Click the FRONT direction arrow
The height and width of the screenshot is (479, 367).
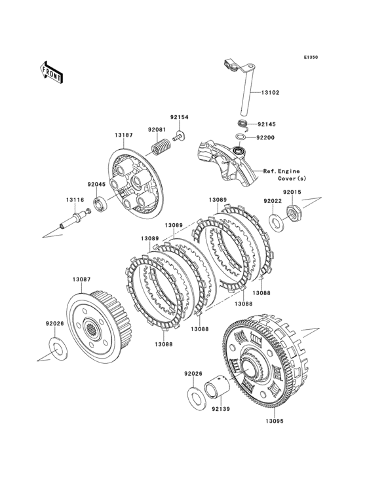pos(52,73)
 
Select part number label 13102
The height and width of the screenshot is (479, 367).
pos(270,92)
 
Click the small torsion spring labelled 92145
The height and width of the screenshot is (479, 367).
pos(244,124)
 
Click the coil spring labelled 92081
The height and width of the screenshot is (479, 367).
pos(161,147)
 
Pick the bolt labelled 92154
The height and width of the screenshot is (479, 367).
pos(180,136)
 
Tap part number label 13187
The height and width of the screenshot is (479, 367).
pos(124,135)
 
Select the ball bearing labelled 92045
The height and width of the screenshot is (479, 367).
pos(100,204)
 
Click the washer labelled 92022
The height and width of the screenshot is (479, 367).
pos(276,222)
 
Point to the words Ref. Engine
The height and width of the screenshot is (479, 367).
pos(281,171)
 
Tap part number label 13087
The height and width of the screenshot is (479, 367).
pos(82,279)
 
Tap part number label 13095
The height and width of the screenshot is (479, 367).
pos(275,421)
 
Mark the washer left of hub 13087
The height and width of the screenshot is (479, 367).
pos(58,349)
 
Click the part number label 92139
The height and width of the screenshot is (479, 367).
pos(220,409)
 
